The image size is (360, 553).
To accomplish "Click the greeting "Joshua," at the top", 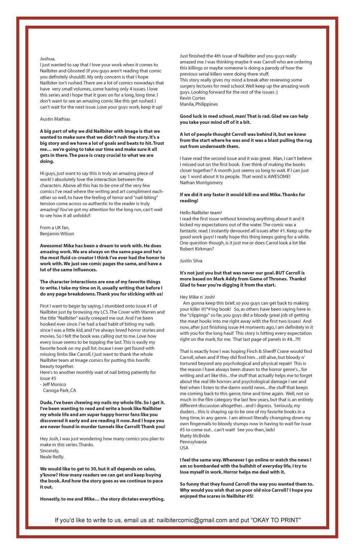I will point(47,59).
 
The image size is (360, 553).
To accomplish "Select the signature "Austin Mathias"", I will point(55,119).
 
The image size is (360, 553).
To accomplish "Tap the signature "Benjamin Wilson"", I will point(57,233).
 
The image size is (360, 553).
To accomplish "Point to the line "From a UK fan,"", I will point(55,227).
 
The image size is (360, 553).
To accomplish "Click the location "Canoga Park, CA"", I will point(59,391).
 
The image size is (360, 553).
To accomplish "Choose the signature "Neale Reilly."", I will point(52,457).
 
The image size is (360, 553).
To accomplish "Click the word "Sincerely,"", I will point(50,451).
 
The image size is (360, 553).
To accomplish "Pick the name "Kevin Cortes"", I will point(193,98).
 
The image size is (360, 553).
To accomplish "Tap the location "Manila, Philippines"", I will point(199,104).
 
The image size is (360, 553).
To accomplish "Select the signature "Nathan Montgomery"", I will point(201,182).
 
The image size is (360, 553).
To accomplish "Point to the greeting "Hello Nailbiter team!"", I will point(201,213).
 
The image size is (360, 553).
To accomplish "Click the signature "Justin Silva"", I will point(191,261).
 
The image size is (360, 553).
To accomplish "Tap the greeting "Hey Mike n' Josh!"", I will point(197,297).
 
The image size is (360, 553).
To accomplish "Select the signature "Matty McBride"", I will point(194,436).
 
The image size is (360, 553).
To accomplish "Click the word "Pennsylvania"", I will point(193,442).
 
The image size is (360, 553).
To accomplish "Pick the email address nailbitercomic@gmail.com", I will point(192,520).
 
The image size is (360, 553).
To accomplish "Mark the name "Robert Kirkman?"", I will point(197,249).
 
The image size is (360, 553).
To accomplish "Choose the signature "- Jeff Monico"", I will point(53,384).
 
